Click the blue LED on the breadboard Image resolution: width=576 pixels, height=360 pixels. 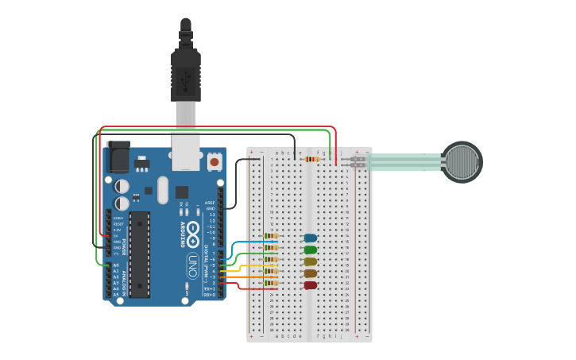coord(311,238)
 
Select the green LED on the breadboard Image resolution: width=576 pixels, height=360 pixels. coord(311,250)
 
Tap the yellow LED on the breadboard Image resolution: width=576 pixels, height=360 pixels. coord(311,261)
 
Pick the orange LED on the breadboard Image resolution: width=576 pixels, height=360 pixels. coord(311,273)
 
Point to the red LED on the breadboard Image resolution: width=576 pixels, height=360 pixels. coord(311,285)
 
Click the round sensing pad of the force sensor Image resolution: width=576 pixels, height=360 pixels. coord(462,162)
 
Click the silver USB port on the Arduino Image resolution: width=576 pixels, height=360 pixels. coord(187,158)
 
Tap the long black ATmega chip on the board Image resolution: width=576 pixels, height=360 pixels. coord(140,254)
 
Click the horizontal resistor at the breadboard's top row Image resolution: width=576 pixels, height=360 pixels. coord(312,159)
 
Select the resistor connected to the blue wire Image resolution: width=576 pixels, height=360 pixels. coord(272,236)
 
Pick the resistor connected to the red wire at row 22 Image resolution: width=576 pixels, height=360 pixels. coord(272,284)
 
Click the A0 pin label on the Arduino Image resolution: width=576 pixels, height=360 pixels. coord(116,265)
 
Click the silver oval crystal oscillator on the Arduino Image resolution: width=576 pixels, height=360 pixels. coord(163,190)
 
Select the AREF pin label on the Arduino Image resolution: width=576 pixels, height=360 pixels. coord(210,203)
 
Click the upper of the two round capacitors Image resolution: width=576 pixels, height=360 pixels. coord(122,185)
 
